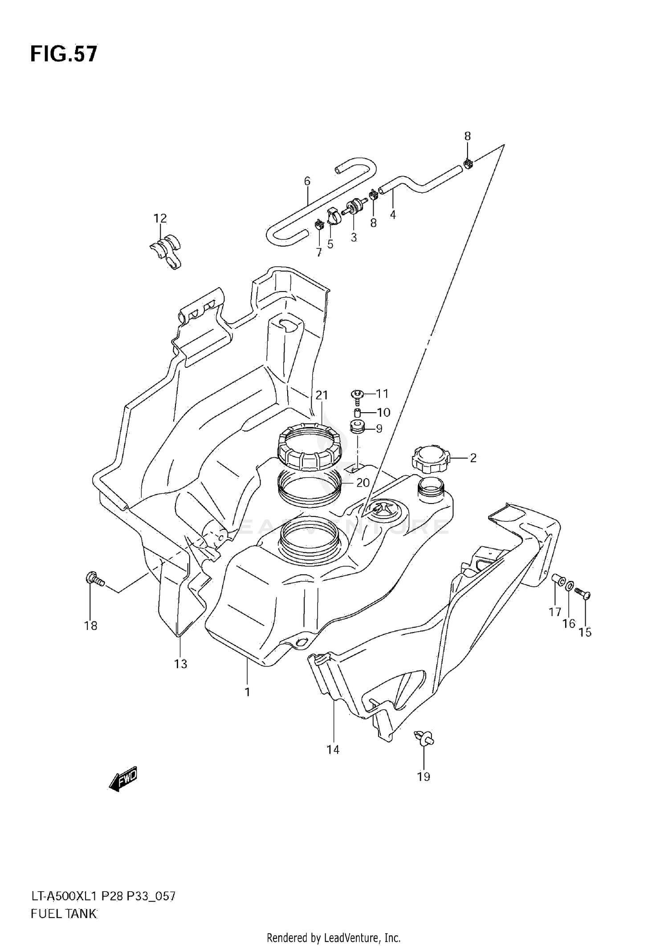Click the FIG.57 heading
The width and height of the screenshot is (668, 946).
point(63,54)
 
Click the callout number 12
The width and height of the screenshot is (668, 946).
point(160,218)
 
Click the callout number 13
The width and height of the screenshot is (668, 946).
point(180,677)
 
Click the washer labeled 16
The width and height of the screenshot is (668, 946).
point(570,587)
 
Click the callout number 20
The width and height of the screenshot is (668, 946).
point(363,483)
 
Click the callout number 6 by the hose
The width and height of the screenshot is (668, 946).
point(307,181)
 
